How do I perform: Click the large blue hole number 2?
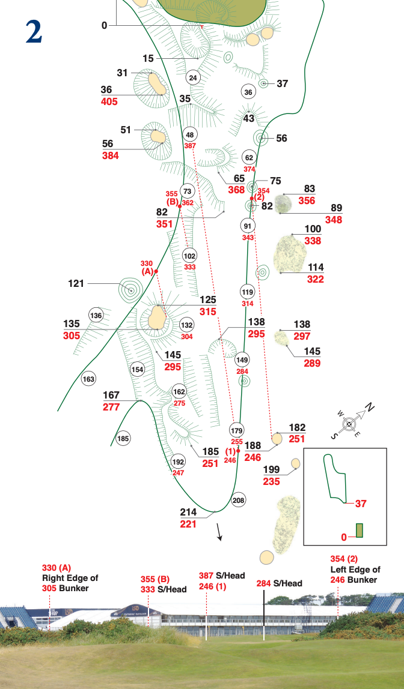point(34,32)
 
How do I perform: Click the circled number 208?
point(239,500)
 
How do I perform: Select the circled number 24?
point(193,78)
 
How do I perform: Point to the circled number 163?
point(89,379)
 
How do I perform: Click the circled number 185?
point(123,439)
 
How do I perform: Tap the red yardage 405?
point(109,101)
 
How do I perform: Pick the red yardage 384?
point(110,155)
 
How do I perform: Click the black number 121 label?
point(76,283)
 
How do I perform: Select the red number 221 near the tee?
point(188,523)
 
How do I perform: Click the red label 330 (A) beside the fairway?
point(147,267)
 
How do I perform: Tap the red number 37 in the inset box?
point(361,504)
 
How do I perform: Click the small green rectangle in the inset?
point(360,530)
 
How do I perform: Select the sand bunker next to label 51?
point(158,137)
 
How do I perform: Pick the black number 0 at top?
point(104,25)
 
